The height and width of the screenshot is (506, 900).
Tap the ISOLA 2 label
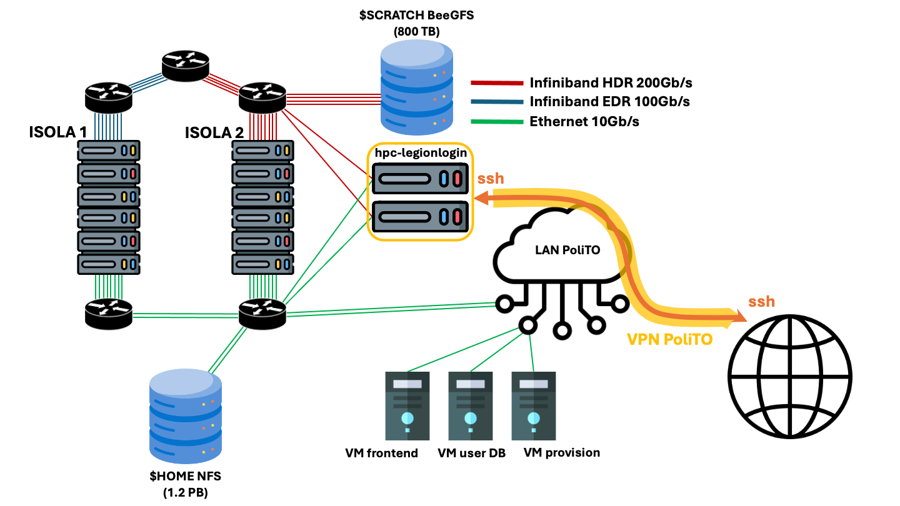click(x=214, y=132)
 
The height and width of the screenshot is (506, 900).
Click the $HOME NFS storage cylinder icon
click(x=186, y=412)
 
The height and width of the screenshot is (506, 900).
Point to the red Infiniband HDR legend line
click(x=497, y=82)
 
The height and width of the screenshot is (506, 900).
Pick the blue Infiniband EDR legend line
click(x=497, y=102)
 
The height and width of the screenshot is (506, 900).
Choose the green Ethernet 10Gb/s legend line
click(x=497, y=121)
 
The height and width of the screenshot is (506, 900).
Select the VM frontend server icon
click(x=407, y=406)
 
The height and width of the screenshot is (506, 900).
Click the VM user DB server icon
click(x=470, y=406)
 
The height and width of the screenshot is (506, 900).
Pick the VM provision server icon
click(x=533, y=406)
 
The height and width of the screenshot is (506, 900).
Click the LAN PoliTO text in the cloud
click(x=567, y=250)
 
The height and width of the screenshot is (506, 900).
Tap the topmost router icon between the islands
click(x=185, y=65)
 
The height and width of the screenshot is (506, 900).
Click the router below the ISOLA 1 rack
click(x=109, y=313)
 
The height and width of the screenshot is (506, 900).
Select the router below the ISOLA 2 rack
click(x=262, y=312)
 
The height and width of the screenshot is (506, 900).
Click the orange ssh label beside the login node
click(x=491, y=179)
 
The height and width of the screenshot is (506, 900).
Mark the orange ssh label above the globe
click(x=761, y=302)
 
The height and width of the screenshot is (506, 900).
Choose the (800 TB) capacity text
click(x=416, y=31)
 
